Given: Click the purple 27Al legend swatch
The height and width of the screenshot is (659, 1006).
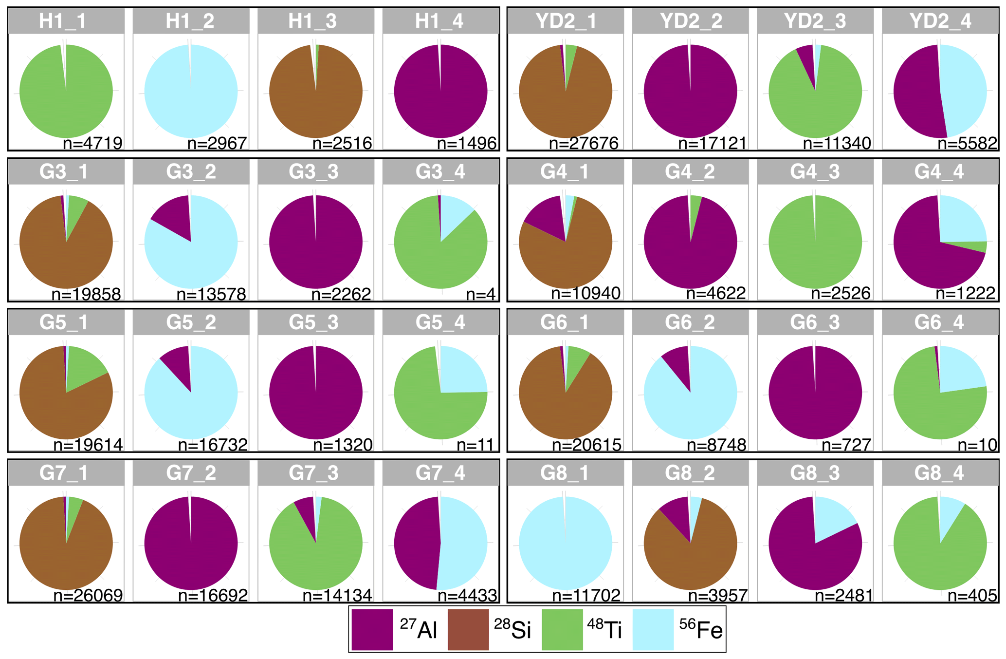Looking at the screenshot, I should (372, 629).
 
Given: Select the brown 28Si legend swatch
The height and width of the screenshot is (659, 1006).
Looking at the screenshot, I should (468, 629).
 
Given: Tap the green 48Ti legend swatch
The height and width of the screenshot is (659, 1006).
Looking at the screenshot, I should (562, 629).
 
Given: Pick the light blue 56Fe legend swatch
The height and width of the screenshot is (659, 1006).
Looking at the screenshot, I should (653, 629).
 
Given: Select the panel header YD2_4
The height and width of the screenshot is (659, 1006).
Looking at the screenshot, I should (940, 21).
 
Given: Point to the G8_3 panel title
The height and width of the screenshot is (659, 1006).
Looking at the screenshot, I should (815, 473).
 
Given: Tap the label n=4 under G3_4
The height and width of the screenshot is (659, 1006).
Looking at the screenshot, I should (480, 294).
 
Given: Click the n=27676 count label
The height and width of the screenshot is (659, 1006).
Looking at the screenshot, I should (584, 143).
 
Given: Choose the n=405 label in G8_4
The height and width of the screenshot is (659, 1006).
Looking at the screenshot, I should (972, 595).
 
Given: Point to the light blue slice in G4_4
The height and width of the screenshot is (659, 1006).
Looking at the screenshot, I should (961, 220).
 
